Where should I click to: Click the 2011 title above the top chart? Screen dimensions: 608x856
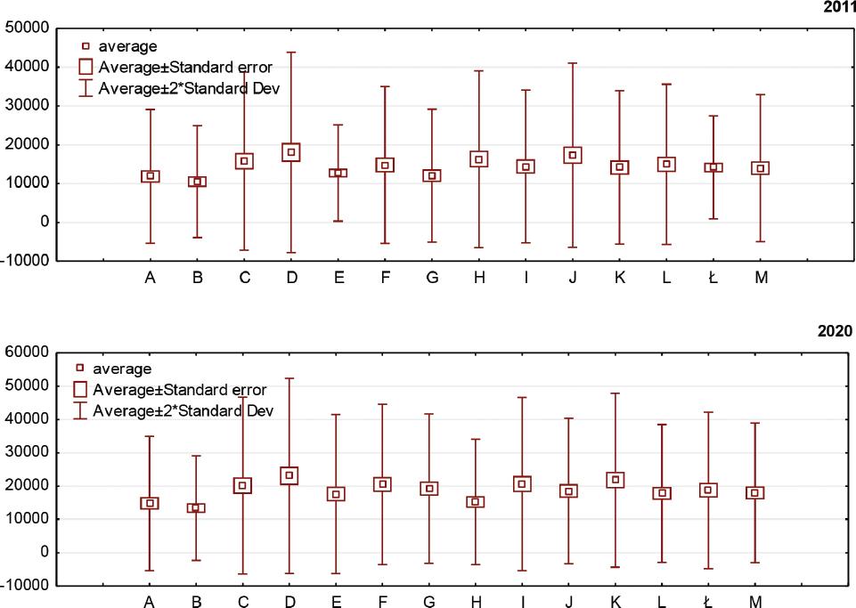[839, 7]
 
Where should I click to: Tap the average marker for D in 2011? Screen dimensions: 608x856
[291, 152]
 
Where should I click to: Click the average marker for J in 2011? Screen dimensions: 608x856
[573, 155]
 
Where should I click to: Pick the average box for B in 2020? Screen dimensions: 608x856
[197, 508]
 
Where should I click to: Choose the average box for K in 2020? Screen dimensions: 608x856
[616, 480]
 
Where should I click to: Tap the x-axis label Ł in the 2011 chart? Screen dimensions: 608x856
[713, 278]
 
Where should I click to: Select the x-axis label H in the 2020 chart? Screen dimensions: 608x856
[476, 603]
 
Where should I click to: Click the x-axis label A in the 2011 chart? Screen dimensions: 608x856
[151, 278]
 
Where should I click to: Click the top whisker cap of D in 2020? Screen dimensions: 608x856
[290, 378]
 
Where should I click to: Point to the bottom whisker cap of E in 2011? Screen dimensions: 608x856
[338, 221]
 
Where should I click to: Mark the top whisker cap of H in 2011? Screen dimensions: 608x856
[479, 70]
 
